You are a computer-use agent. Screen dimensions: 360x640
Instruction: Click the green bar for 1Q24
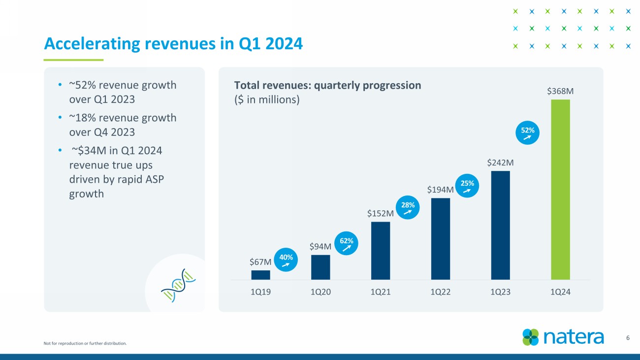click(x=560, y=190)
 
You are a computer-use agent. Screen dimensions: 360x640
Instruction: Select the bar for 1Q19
click(x=260, y=275)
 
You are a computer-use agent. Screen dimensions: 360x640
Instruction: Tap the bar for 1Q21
click(x=381, y=251)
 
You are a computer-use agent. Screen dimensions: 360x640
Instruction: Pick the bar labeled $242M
click(x=500, y=225)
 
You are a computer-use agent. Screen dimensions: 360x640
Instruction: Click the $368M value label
click(x=560, y=91)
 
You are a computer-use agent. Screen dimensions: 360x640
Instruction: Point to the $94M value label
click(x=320, y=246)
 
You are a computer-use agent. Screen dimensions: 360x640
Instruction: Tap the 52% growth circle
click(x=528, y=133)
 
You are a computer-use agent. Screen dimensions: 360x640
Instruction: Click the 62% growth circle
click(x=347, y=243)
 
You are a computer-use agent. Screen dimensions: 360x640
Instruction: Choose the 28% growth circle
click(x=408, y=207)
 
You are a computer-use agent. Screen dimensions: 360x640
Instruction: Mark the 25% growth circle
click(x=467, y=186)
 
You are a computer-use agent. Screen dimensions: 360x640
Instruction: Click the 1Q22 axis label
click(x=440, y=292)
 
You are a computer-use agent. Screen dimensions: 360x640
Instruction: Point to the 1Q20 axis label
click(x=320, y=292)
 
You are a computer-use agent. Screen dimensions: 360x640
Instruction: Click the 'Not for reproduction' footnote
click(x=85, y=343)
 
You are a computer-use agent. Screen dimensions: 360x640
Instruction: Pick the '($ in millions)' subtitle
click(x=267, y=99)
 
